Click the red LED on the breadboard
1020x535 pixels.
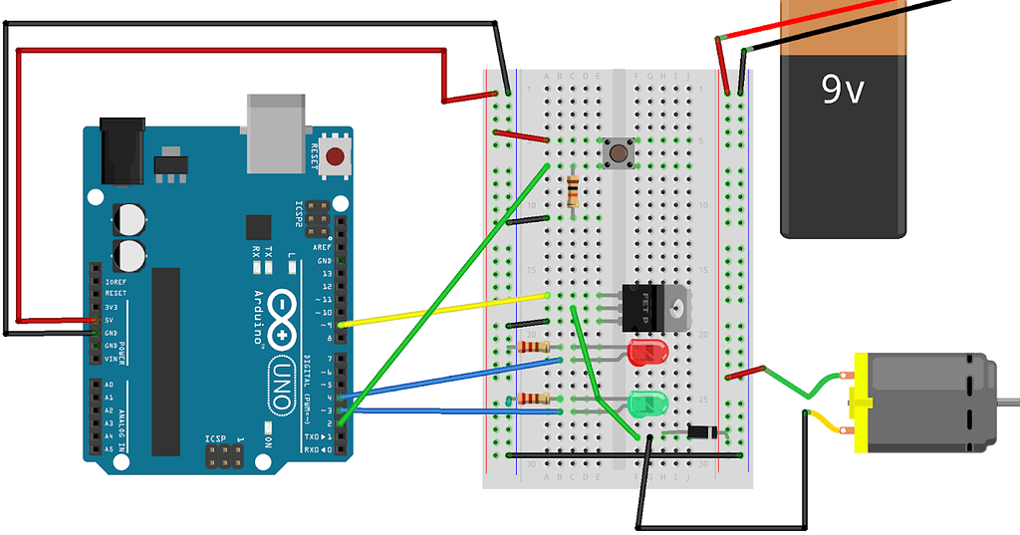point(646,352)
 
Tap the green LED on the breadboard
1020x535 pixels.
point(646,403)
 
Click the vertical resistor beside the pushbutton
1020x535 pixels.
point(572,190)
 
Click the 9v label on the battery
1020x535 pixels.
point(843,92)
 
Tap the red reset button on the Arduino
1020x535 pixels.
point(336,156)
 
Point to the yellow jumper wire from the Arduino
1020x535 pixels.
point(443,310)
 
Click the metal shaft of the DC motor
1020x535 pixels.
point(1007,401)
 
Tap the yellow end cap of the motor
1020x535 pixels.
point(857,404)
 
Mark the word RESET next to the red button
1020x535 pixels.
point(315,156)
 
